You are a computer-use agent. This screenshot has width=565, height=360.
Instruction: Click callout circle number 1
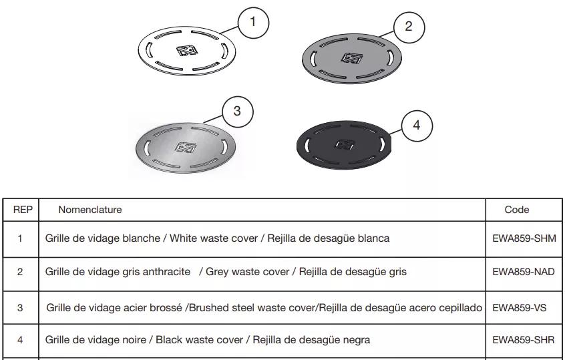pyautogui.click(x=253, y=23)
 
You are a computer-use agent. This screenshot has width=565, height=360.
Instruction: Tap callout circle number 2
pyautogui.click(x=409, y=27)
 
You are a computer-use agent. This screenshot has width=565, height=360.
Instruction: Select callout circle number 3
pyautogui.click(x=238, y=112)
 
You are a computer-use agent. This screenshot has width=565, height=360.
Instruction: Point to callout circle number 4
pyautogui.click(x=417, y=126)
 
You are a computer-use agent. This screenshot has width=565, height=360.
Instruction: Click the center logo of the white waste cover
pyautogui.click(x=187, y=51)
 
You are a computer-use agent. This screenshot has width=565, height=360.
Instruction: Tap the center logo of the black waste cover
pyautogui.click(x=345, y=145)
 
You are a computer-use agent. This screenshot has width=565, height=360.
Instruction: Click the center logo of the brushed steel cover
pyautogui.click(x=186, y=147)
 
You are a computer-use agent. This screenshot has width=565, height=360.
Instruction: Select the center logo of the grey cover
pyautogui.click(x=351, y=57)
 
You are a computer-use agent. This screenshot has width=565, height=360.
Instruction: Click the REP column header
pyautogui.click(x=23, y=210)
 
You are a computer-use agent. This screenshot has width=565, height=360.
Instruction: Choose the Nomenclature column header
pyautogui.click(x=90, y=210)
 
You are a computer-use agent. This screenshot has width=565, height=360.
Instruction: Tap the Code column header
pyautogui.click(x=517, y=210)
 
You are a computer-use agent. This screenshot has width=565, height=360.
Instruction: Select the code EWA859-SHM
pyautogui.click(x=524, y=238)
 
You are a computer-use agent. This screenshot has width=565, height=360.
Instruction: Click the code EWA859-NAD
pyautogui.click(x=524, y=272)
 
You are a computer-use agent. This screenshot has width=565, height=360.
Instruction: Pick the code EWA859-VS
pyautogui.click(x=519, y=308)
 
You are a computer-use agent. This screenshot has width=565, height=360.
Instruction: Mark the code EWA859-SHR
pyautogui.click(x=524, y=340)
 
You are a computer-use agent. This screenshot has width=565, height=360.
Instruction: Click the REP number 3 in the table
pyautogui.click(x=20, y=308)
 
